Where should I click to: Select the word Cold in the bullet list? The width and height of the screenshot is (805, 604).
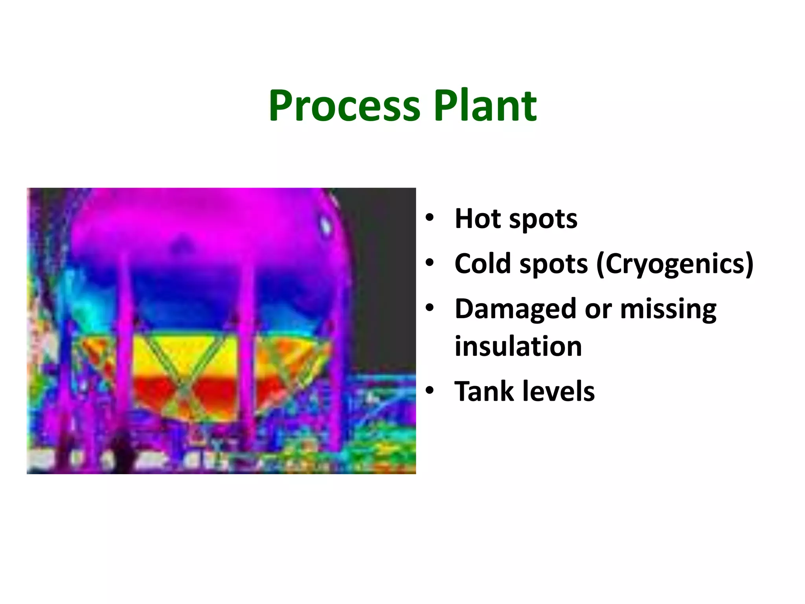point(483,263)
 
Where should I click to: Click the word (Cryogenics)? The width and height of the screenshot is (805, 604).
point(675,264)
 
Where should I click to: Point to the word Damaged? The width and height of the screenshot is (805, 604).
point(515,309)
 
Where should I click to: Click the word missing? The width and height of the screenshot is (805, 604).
point(668,309)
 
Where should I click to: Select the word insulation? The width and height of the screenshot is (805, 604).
point(518,346)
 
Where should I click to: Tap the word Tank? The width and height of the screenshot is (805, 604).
point(483,391)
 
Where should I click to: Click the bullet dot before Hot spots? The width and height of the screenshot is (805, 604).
point(430,217)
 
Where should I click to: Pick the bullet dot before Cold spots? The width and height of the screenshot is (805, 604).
point(430,262)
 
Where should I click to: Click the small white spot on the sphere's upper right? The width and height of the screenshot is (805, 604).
point(325,225)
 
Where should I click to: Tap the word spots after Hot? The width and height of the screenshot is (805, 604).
point(543,219)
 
